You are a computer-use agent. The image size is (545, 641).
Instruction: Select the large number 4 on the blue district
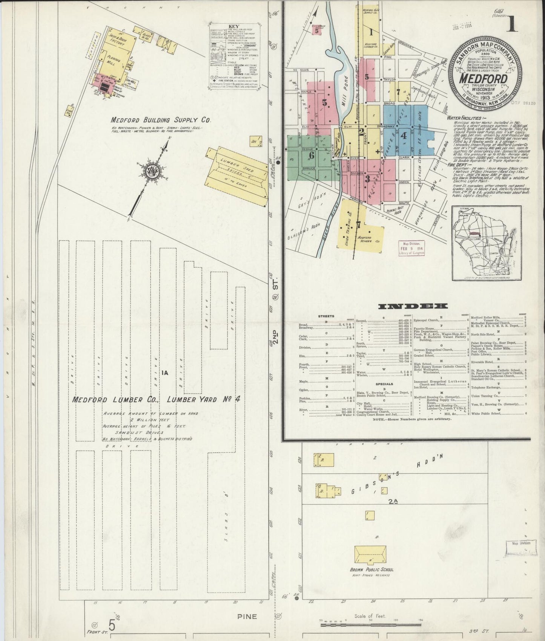[x=404, y=135]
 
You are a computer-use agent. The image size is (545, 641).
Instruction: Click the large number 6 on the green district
[x=312, y=155]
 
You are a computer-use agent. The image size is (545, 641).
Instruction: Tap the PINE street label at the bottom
[x=247, y=617]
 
